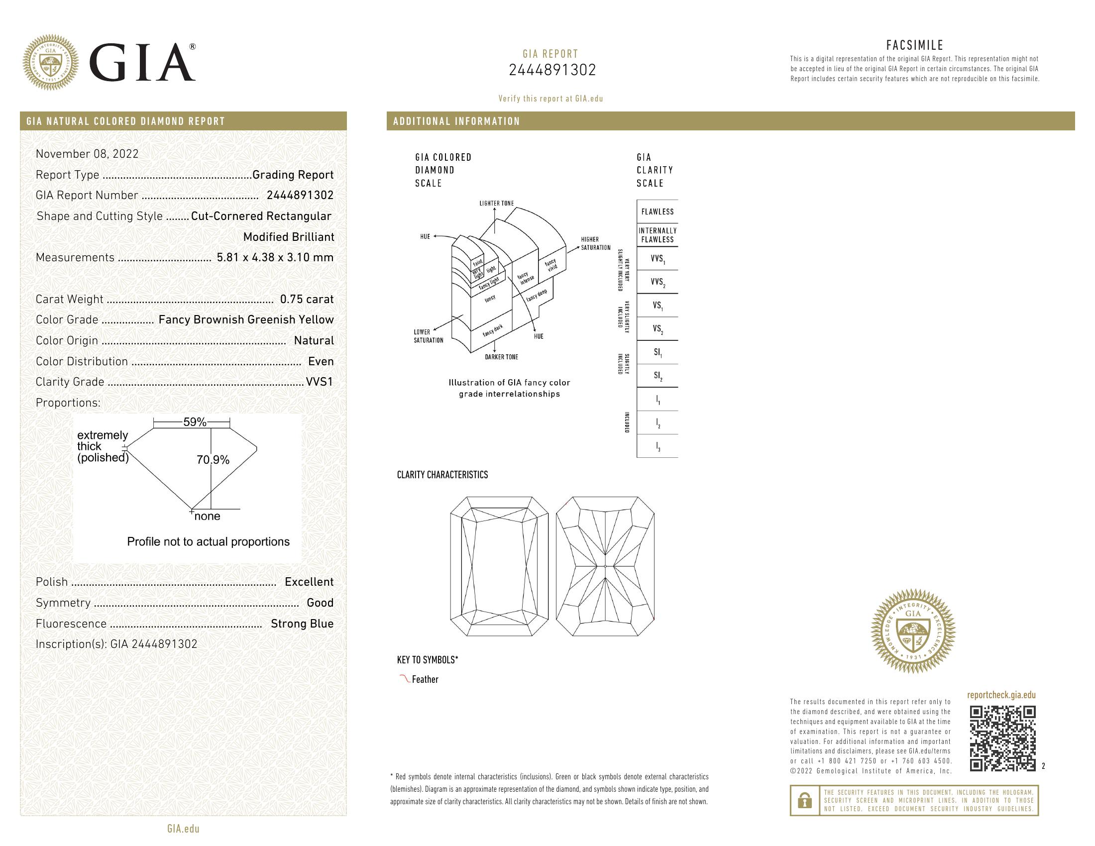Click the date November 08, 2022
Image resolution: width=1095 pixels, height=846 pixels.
pyautogui.click(x=87, y=154)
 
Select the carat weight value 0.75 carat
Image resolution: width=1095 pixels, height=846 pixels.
pyautogui.click(x=306, y=299)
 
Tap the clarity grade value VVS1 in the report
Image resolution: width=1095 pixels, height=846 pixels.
pyautogui.click(x=320, y=382)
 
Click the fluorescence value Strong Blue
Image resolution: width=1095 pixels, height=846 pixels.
pyautogui.click(x=302, y=624)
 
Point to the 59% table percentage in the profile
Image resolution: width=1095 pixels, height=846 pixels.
pyautogui.click(x=195, y=422)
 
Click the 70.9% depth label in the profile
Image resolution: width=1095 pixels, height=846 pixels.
pyautogui.click(x=213, y=460)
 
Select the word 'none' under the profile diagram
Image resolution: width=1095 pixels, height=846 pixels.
pyautogui.click(x=207, y=516)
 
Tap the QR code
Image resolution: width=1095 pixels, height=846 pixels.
pyautogui.click(x=1002, y=738)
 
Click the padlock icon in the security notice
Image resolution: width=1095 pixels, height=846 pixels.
pyautogui.click(x=804, y=800)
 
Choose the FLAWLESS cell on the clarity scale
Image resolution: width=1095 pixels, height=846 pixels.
pyautogui.click(x=657, y=211)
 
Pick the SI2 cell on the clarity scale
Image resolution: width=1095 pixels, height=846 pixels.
pyautogui.click(x=657, y=376)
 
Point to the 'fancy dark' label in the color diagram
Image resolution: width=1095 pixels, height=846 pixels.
pyautogui.click(x=492, y=331)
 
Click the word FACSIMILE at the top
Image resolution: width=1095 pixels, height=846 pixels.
pyautogui.click(x=914, y=45)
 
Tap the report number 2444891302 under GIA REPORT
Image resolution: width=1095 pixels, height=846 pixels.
pyautogui.click(x=552, y=70)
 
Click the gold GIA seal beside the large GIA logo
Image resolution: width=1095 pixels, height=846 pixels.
pyautogui.click(x=51, y=63)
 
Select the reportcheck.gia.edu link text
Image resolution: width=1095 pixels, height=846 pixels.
pyautogui.click(x=1001, y=695)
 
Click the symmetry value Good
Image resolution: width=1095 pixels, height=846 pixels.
pyautogui.click(x=320, y=603)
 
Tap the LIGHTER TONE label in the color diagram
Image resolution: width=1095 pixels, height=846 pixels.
pyautogui.click(x=496, y=204)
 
